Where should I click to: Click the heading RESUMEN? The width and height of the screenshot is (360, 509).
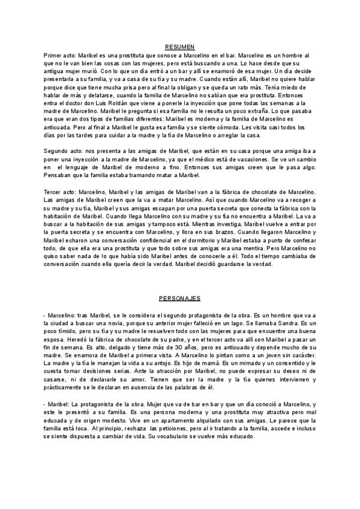click(179, 47)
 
